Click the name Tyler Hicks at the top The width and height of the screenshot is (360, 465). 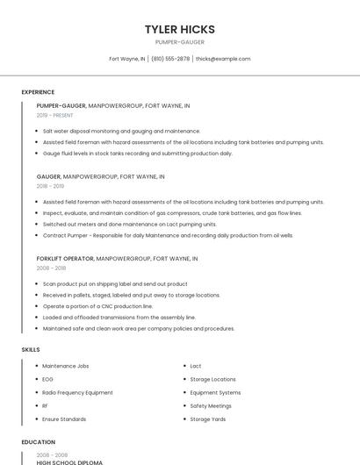180,29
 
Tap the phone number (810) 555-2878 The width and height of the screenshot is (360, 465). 170,59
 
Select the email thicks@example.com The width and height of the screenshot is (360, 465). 223,59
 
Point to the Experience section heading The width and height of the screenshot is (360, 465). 38,92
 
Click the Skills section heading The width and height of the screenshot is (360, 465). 31,349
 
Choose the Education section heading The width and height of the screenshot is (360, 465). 39,442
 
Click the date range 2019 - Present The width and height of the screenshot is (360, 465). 54,116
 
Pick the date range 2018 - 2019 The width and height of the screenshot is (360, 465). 50,186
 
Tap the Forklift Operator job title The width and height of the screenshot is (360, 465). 65,259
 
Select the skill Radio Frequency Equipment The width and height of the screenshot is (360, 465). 77,392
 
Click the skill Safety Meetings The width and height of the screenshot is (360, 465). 211,406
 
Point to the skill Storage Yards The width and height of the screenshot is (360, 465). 208,419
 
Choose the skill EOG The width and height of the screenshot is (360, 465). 47,379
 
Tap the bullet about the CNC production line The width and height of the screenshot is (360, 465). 97,306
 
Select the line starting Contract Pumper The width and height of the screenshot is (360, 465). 167,235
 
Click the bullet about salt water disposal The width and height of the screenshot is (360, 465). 121,131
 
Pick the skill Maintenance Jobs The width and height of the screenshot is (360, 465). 66,366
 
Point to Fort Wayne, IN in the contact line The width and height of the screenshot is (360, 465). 127,59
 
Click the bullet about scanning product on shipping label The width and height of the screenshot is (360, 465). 115,284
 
